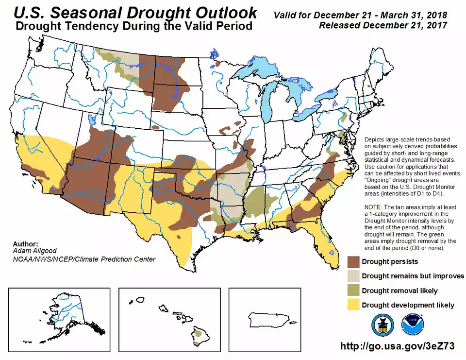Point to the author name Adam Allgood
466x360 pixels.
[32, 252]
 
